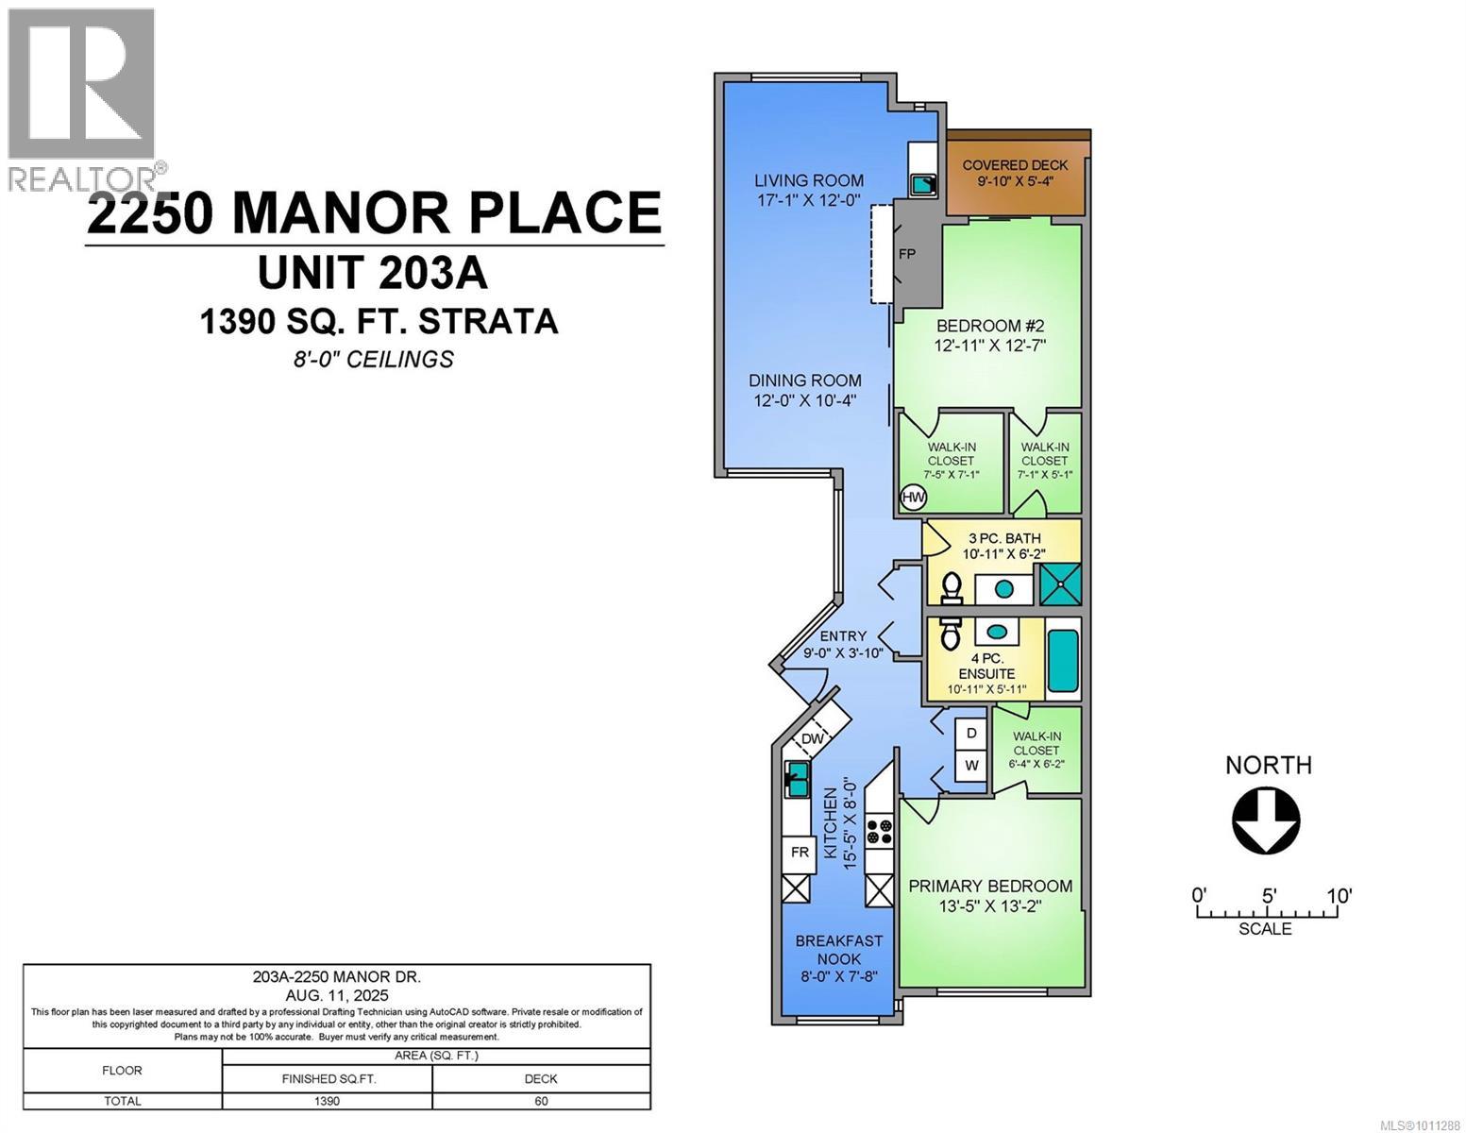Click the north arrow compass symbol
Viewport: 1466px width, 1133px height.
[x=1266, y=820]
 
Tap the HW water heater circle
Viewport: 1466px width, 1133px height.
[x=914, y=498]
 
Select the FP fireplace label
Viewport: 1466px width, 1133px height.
[x=907, y=254]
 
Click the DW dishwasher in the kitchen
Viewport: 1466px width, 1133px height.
[x=812, y=739]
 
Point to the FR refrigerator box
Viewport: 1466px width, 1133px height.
[x=800, y=853]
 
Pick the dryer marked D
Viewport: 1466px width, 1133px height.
[x=971, y=734]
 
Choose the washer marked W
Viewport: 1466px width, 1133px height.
[x=971, y=765]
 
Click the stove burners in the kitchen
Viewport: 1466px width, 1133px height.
[x=880, y=832]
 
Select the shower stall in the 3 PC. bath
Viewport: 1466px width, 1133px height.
[x=1060, y=584]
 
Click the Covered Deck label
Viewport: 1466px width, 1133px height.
[x=1015, y=164]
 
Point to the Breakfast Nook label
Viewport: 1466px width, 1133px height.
[x=838, y=950]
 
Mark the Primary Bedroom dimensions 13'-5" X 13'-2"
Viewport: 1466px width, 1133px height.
[x=990, y=905]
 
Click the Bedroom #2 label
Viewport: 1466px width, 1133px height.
[x=989, y=326]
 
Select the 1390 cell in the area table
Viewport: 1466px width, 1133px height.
[x=327, y=1101]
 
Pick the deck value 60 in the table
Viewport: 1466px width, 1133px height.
[x=541, y=1101]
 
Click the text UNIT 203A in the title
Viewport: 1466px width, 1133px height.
[x=373, y=273]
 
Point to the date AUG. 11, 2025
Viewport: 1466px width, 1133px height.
[x=337, y=994]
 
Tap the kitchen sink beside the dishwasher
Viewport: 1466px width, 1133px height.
[x=797, y=779]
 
